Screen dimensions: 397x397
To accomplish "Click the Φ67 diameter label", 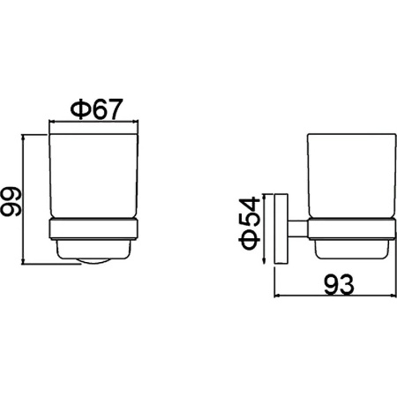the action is coord(96,109).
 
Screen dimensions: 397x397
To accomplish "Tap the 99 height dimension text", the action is coord(11,202).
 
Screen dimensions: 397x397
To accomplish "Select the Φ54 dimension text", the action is coord(250,223).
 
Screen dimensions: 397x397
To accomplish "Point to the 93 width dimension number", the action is coord(339,284).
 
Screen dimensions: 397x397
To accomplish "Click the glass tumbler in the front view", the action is coord(94,176).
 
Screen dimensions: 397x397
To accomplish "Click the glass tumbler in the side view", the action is coord(352,176).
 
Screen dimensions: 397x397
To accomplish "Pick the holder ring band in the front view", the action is coord(94,228).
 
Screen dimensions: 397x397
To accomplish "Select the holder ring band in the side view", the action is coord(352,229).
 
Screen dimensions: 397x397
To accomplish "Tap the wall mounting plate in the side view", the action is coord(281,228).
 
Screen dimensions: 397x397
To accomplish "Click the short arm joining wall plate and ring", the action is coord(297,228).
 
